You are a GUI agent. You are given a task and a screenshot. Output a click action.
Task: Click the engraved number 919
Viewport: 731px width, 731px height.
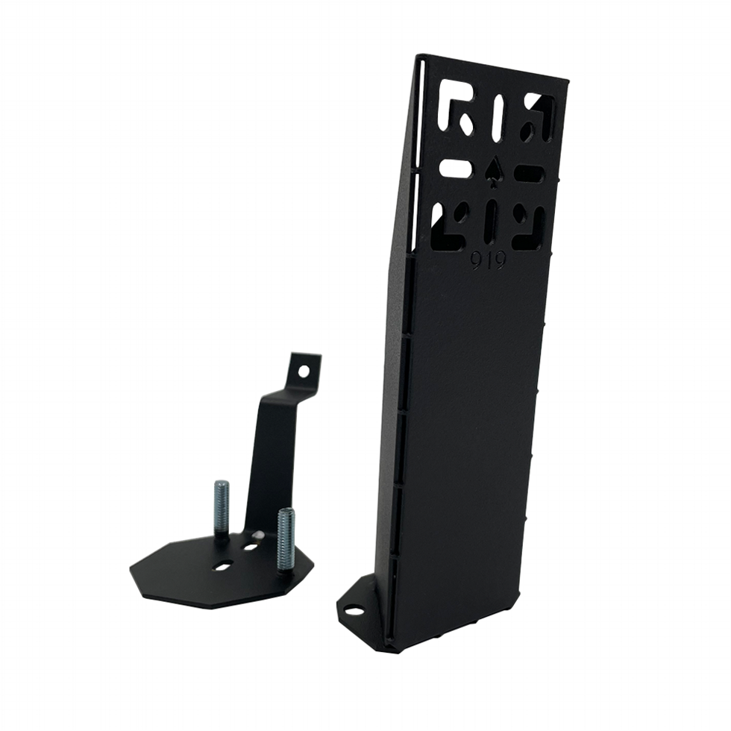(x=488, y=261)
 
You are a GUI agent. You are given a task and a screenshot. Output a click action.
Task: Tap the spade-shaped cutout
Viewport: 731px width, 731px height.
(x=492, y=169)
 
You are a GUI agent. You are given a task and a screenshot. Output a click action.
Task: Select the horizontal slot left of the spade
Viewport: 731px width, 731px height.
(x=455, y=168)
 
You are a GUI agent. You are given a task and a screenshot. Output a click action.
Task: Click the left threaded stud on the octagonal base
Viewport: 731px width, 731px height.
(x=222, y=507)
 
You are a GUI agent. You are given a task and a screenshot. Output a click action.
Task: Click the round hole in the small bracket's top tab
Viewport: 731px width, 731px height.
(x=303, y=370)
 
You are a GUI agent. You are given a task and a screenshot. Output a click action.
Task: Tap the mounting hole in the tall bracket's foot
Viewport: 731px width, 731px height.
(x=354, y=611)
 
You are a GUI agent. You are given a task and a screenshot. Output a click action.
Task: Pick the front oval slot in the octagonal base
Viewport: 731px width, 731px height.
(x=222, y=565)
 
